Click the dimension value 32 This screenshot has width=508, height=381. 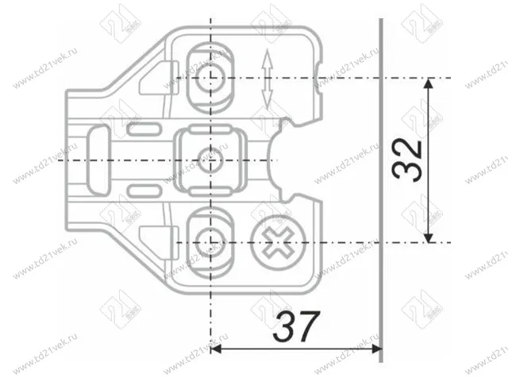tap(407, 160)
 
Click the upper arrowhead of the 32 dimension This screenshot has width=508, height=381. tap(429, 84)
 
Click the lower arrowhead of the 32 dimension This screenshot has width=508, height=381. tap(429, 235)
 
